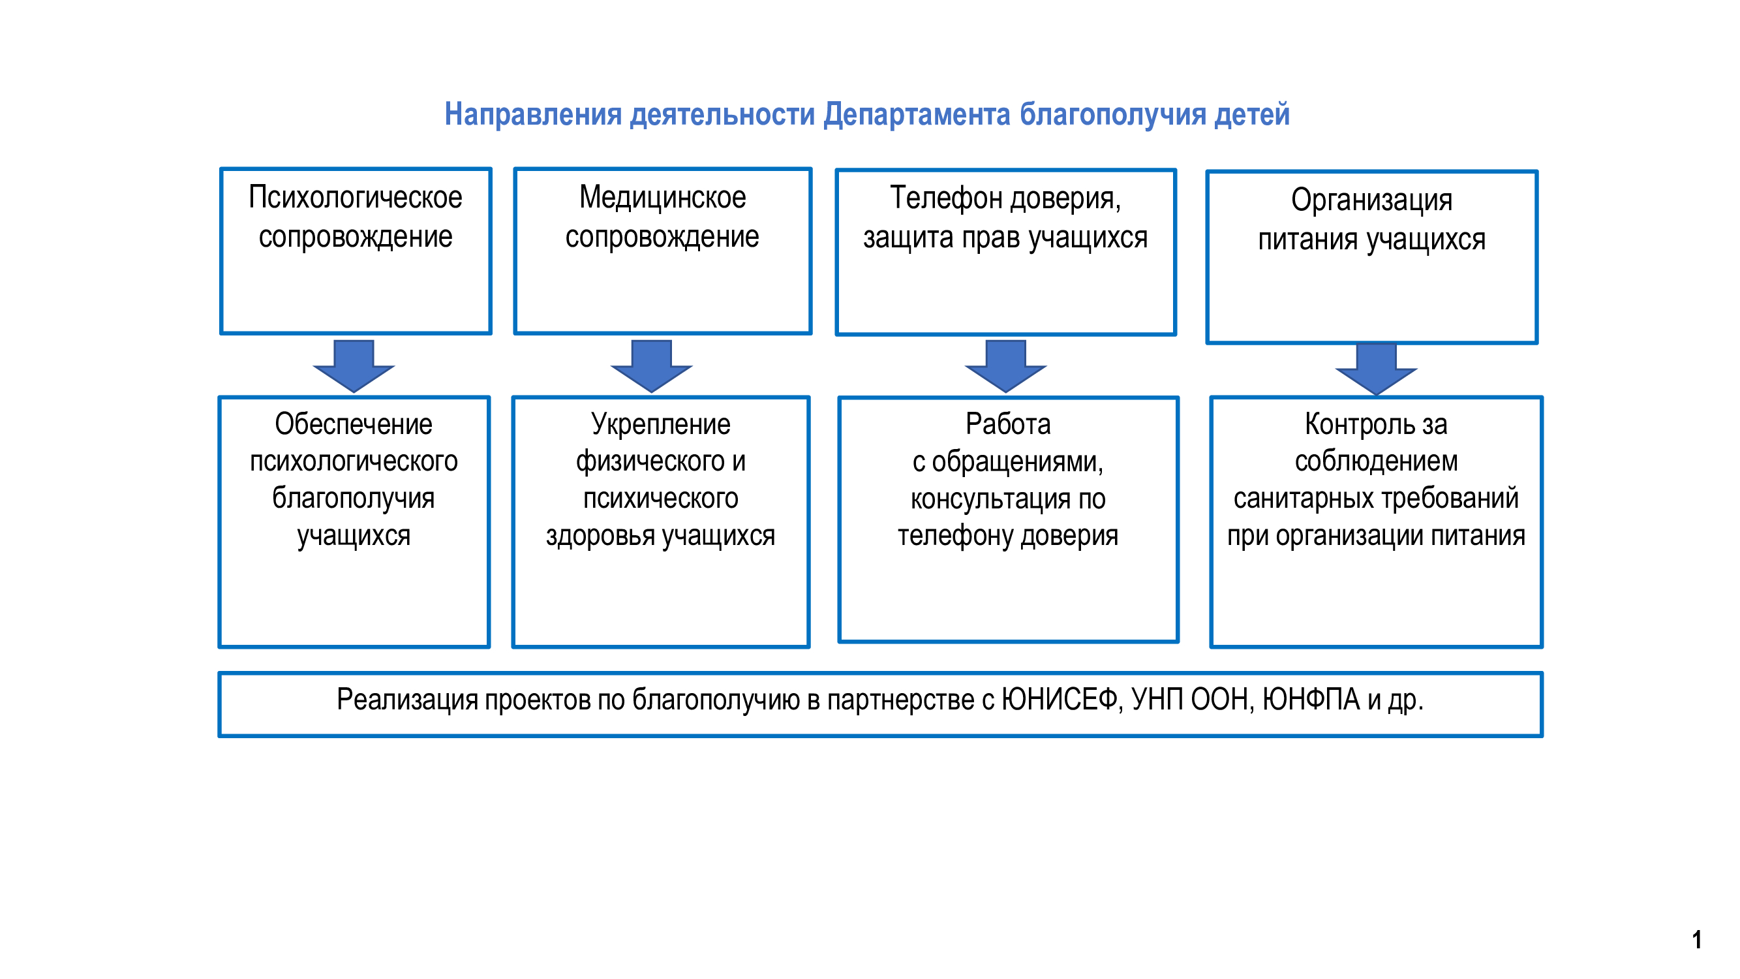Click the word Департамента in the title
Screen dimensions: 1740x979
[917, 115]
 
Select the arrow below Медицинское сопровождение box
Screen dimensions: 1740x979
[651, 366]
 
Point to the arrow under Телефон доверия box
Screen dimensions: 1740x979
[1005, 366]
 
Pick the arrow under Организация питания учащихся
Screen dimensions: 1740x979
[1376, 369]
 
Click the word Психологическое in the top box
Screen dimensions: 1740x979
[356, 198]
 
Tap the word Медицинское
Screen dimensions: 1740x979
[662, 198]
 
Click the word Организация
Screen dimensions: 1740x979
[1371, 200]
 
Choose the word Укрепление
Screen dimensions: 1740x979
[661, 425]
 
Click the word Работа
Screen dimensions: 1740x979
[1008, 424]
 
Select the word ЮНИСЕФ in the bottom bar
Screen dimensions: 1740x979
[1062, 700]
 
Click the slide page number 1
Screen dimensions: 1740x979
[1696, 940]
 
